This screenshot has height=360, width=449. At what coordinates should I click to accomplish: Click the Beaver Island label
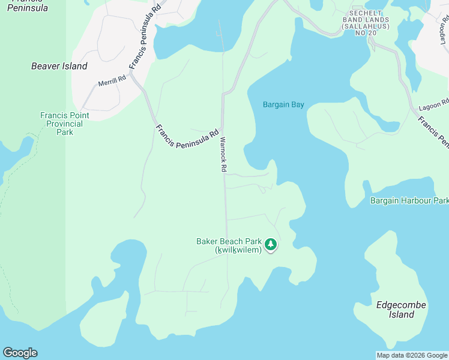pos(59,66)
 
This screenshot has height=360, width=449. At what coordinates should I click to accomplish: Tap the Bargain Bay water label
pos(283,104)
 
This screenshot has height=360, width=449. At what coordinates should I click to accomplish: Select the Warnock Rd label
pos(222,155)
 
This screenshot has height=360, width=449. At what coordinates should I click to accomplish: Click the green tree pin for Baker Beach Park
pos(271,245)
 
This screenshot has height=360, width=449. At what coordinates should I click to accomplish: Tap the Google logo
pos(20,353)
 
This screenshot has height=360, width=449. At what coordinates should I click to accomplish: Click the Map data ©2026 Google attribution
pos(412,355)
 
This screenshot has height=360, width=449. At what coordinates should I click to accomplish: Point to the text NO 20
pos(366,32)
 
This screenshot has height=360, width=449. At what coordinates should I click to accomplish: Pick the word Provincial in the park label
pos(65,124)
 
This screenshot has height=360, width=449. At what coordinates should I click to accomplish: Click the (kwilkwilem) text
pos(238,250)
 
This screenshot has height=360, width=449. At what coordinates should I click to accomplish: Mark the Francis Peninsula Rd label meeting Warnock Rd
pos(187,138)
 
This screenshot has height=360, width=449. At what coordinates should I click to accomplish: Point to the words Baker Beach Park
pos(230,242)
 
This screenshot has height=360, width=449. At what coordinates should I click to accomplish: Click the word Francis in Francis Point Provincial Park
pos(53,115)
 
